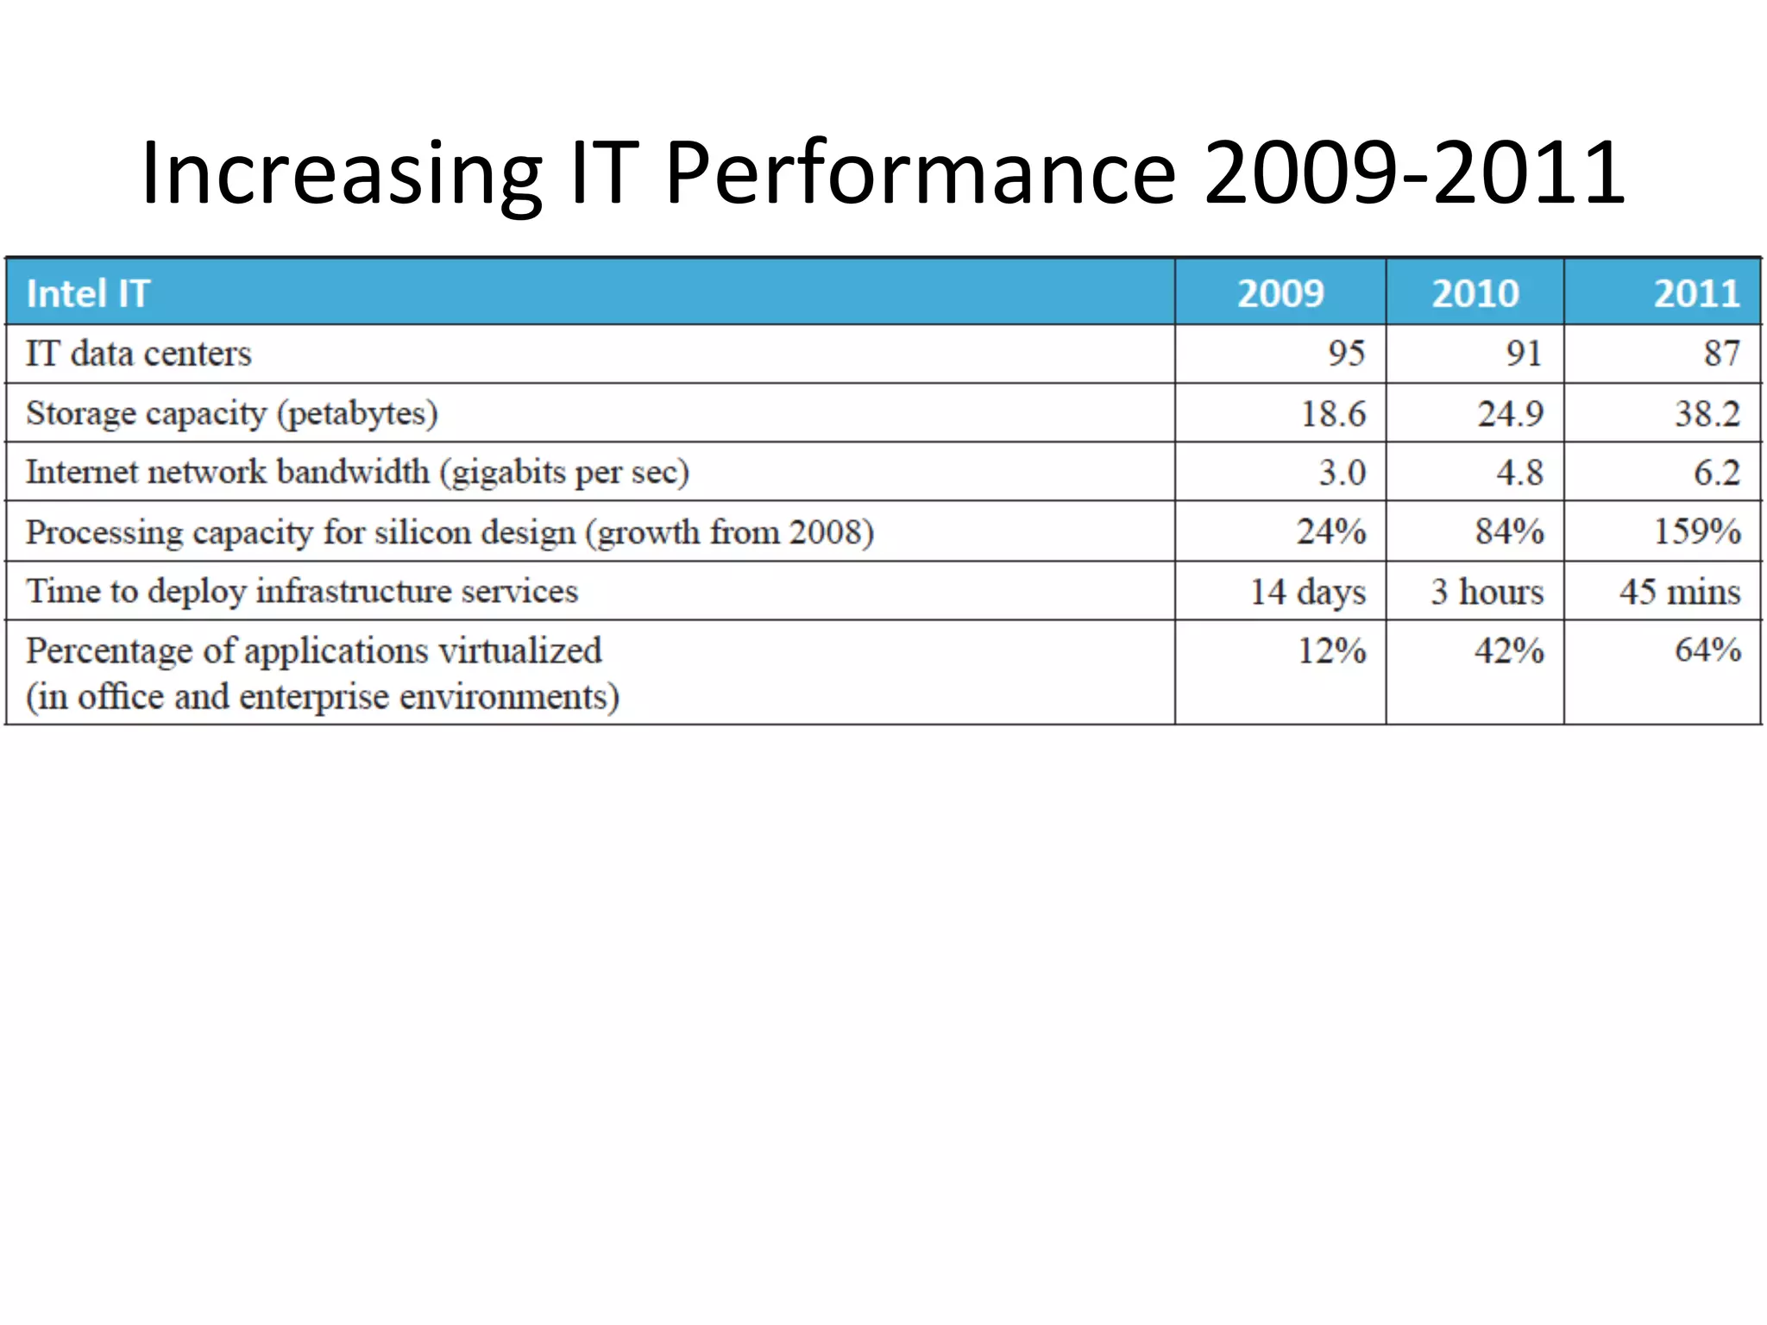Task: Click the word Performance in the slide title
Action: point(920,174)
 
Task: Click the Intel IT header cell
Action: point(88,293)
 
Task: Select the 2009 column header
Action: point(1280,293)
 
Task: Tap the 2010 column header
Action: point(1475,293)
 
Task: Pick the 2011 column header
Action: point(1696,293)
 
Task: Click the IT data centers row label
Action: point(138,354)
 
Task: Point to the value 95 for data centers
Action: point(1346,354)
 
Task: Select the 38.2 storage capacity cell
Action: point(1707,413)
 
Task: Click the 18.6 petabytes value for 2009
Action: point(1333,413)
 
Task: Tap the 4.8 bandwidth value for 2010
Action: point(1519,472)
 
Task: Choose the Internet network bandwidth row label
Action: point(357,472)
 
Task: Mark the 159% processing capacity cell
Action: point(1696,531)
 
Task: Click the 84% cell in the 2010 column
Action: point(1508,531)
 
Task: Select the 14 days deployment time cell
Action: point(1308,591)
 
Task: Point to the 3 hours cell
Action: point(1487,591)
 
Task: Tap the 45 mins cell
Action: point(1679,591)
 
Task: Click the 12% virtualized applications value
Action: point(1332,650)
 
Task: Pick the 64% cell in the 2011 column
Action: point(1707,650)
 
